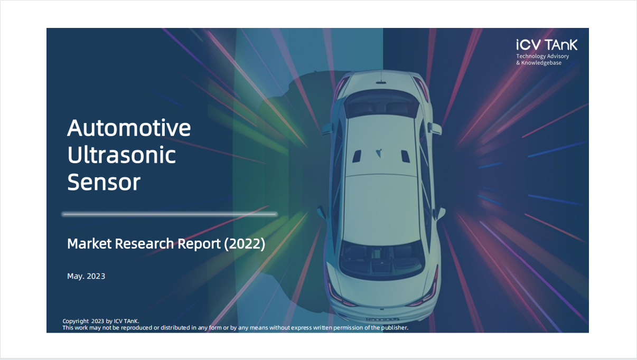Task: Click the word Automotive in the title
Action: [x=129, y=128]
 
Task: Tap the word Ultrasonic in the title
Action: [x=121, y=155]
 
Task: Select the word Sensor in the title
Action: [x=104, y=182]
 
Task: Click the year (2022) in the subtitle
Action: [x=245, y=244]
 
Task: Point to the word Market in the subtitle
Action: [x=89, y=244]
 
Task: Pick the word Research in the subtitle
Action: [x=144, y=244]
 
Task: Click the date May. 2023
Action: [x=86, y=276]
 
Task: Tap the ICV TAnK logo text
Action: [x=547, y=45]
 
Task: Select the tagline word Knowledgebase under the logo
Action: [x=541, y=63]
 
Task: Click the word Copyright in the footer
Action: [x=76, y=321]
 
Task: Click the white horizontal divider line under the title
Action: [x=170, y=214]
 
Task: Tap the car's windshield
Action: [x=382, y=103]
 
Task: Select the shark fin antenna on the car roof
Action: [x=379, y=153]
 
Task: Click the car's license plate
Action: [x=382, y=319]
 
